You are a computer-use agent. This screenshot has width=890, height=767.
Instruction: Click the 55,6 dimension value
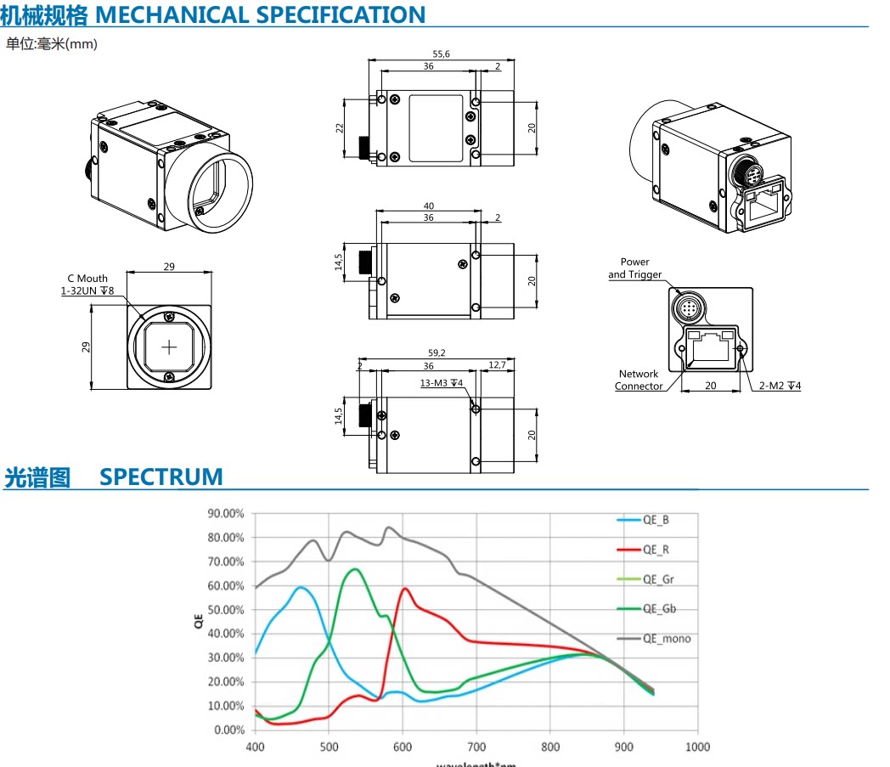441,54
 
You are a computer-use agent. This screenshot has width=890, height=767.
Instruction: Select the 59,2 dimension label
437,352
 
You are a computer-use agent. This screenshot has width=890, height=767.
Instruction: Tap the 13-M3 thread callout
441,383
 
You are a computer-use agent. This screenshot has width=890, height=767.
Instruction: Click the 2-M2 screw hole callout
780,386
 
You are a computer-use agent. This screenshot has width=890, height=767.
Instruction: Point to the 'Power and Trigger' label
634,268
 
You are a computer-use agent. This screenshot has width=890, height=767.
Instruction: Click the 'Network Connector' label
639,380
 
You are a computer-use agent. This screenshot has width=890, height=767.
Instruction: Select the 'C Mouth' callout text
87,279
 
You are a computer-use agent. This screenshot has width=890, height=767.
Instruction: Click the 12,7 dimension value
497,365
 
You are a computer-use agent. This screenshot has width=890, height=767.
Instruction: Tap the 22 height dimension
340,128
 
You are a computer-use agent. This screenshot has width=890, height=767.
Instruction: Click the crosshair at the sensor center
169,347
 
